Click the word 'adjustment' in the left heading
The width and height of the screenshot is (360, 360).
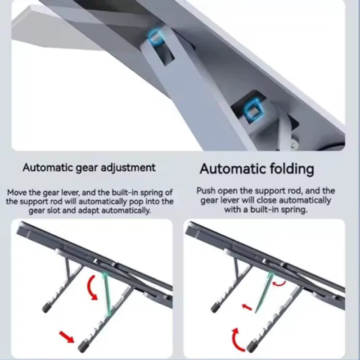[128, 168]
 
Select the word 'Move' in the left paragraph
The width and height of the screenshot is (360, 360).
[16, 192]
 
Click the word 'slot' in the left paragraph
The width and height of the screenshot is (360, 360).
[54, 210]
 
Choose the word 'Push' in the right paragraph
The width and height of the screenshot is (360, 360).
[206, 191]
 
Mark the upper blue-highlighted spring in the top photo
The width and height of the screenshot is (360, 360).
[154, 37]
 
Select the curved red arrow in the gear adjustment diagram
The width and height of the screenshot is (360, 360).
[92, 287]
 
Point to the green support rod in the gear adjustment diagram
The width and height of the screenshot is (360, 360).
[107, 293]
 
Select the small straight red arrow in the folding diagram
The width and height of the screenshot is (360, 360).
[247, 307]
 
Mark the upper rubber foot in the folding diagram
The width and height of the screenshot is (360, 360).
[216, 307]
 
